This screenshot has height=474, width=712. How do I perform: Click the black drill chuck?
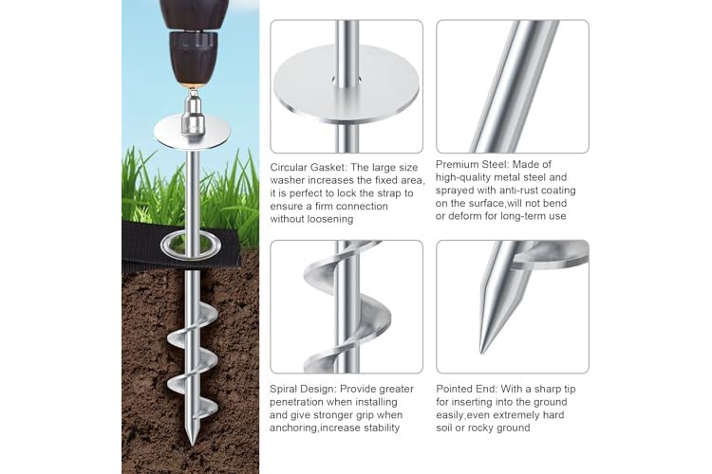tap(192, 58)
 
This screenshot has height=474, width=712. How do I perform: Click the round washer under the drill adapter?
tap(192, 132)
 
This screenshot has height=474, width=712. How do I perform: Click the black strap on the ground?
tap(181, 246)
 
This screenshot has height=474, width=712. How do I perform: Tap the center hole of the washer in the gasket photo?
tap(347, 82)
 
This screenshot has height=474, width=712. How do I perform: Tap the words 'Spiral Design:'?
tap(303, 390)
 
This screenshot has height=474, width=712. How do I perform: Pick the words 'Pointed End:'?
tap(467, 389)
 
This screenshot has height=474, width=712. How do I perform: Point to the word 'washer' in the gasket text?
tap(286, 180)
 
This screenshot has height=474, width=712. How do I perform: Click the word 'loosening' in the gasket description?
tap(330, 219)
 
